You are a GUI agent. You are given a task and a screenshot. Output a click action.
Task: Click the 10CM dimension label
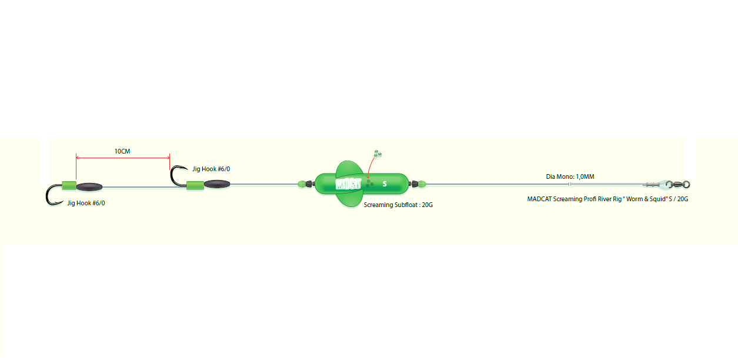coord(122,151)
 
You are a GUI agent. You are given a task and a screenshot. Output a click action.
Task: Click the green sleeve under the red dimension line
coord(69,186)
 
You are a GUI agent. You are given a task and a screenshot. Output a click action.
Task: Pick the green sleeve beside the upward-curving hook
coord(195,186)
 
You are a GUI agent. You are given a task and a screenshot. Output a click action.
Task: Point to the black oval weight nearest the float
coord(217,184)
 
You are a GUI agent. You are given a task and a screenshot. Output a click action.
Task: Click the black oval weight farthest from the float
coord(89,187)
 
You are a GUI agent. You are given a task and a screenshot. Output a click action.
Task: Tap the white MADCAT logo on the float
coord(348,184)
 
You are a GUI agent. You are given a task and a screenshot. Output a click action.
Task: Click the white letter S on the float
coord(385,184)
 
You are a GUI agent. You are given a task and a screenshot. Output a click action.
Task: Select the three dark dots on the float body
coord(369,184)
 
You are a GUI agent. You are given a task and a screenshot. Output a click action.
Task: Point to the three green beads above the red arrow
coord(378,154)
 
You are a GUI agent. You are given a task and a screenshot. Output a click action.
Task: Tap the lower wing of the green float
coord(349,201)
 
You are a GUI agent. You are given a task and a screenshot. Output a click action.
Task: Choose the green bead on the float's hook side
coord(302,184)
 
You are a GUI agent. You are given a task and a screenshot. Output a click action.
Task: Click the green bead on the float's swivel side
coord(422,184)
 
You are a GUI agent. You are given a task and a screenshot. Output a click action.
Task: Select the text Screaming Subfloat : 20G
coord(398,205)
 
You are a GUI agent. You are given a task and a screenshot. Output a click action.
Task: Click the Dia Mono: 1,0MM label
coord(570,176)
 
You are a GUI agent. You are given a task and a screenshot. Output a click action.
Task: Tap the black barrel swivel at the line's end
coord(678,184)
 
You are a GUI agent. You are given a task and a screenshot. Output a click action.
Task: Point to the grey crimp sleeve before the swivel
coord(652,185)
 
